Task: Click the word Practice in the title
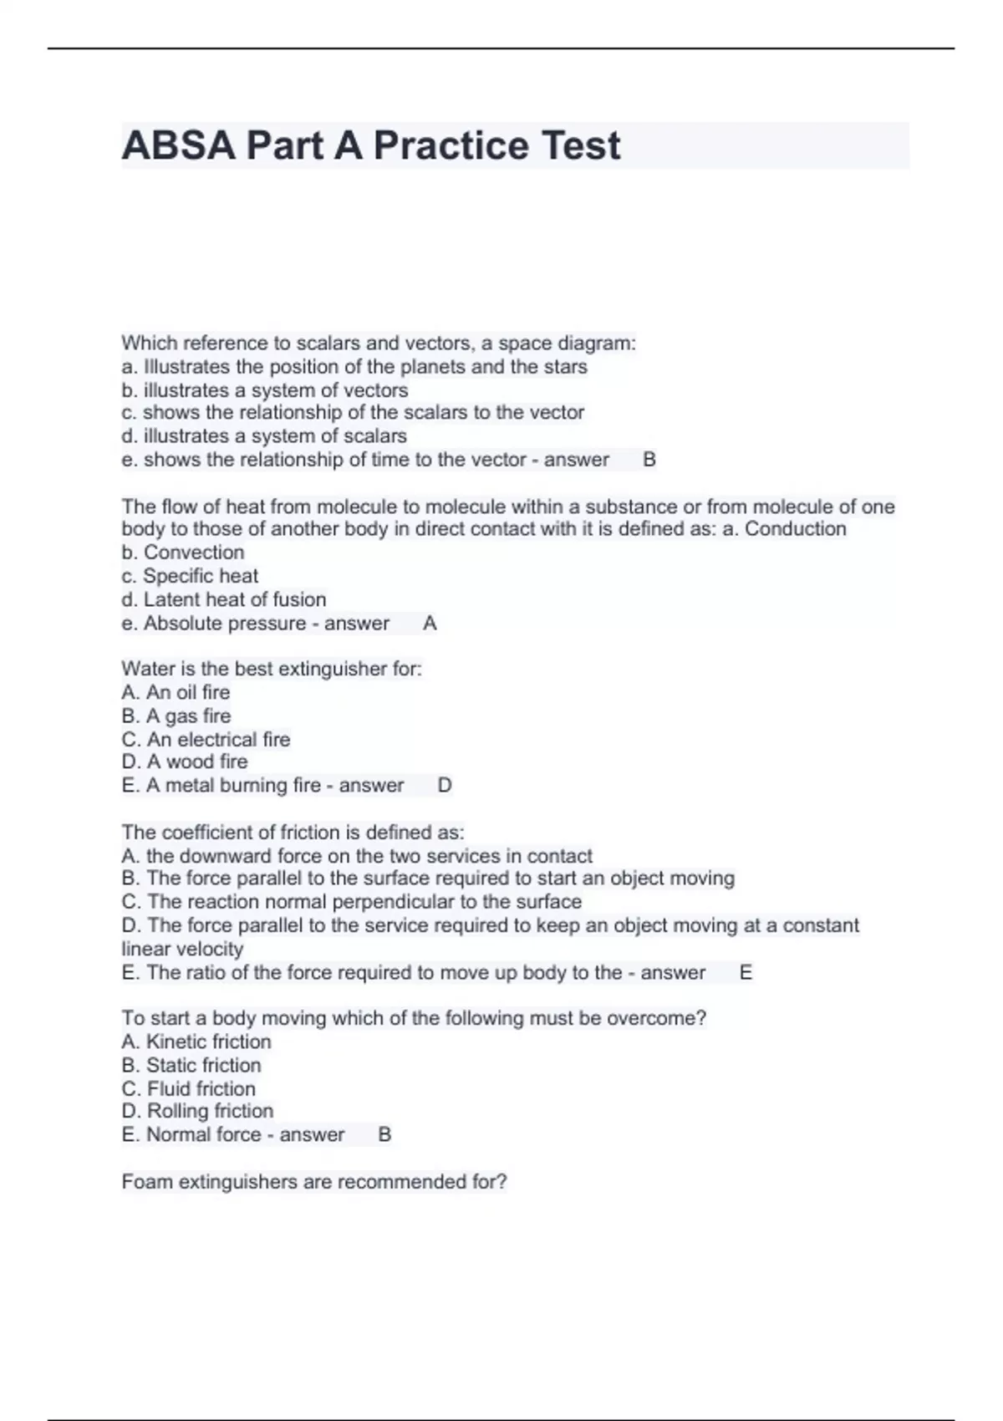click(x=451, y=146)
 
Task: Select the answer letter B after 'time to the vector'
click(x=649, y=460)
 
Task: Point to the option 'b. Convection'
click(x=183, y=553)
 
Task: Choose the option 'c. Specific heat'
click(x=190, y=576)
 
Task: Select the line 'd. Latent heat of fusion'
click(x=223, y=599)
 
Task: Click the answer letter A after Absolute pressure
click(x=430, y=624)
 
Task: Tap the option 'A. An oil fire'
click(x=176, y=692)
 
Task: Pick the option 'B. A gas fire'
click(x=176, y=716)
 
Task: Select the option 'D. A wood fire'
click(x=185, y=761)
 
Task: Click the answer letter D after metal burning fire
click(x=445, y=786)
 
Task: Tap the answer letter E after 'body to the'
click(x=746, y=973)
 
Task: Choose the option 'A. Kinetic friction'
click(x=196, y=1042)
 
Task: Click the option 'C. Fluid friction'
click(x=188, y=1088)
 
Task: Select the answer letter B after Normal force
click(x=384, y=1135)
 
